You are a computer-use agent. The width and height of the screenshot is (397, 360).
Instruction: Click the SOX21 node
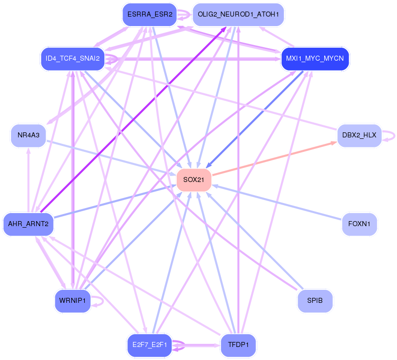pos(194,180)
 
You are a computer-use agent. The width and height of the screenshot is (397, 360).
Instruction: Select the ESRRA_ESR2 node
pos(150,15)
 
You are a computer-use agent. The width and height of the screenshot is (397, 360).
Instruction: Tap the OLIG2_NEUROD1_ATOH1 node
pos(238,15)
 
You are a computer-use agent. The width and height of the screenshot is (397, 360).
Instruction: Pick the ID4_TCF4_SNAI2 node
pos(73,59)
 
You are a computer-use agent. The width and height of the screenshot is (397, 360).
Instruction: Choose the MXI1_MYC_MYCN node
pos(315,59)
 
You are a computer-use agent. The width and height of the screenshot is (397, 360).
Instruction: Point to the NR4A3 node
pos(28,135)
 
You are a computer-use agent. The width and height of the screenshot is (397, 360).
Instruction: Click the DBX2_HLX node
pos(359,135)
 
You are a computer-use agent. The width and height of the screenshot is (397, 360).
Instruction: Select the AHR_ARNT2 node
pos(28,224)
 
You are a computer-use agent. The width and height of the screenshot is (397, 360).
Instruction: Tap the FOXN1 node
pos(359,224)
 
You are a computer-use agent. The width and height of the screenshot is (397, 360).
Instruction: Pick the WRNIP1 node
pos(73,300)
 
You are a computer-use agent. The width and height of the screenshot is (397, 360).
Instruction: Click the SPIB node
pos(315,300)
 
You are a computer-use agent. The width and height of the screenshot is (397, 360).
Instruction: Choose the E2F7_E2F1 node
pos(150,345)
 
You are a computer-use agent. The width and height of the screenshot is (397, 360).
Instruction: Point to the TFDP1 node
pos(238,345)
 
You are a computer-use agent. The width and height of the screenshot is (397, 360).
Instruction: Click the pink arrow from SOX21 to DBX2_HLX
pos(275,158)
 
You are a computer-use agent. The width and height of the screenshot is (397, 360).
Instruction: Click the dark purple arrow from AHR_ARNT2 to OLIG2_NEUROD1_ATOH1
pos(134,119)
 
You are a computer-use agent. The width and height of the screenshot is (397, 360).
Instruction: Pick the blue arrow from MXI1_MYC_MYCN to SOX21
pos(254,120)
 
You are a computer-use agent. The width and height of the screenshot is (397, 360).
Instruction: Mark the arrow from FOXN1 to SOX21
pos(277,202)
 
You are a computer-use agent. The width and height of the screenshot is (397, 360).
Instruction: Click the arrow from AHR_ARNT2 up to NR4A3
pos(29,180)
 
